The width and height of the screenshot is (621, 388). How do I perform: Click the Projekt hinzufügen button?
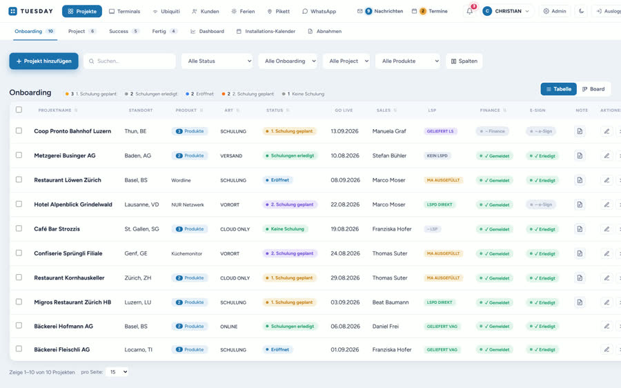tap(43, 61)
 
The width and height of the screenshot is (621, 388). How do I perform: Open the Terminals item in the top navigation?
tap(124, 12)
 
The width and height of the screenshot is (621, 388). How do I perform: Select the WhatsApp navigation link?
tap(319, 12)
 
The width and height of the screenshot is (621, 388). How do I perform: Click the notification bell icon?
tap(469, 11)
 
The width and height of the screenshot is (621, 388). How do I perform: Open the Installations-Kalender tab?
tap(266, 31)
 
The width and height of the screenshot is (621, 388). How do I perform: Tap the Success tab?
tap(124, 31)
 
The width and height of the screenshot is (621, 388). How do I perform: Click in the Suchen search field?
tap(130, 61)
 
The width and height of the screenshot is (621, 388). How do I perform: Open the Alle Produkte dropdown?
tap(408, 61)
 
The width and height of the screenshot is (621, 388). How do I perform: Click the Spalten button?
tap(464, 61)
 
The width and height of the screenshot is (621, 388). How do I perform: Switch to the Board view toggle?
tap(593, 89)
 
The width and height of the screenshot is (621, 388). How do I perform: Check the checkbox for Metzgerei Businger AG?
tap(19, 155)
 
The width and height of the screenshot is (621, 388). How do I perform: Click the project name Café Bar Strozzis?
tap(57, 229)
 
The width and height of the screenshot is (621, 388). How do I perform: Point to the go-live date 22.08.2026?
tap(345, 204)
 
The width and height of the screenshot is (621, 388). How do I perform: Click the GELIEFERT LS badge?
tap(440, 131)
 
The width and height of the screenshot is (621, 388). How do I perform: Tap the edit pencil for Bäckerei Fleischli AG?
tap(607, 349)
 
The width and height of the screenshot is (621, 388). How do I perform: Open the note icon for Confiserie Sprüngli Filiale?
tap(580, 253)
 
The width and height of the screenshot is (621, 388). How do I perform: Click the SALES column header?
tap(384, 110)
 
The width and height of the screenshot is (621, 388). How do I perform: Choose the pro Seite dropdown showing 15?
tap(117, 371)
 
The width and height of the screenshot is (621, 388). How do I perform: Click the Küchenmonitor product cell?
tap(186, 253)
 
